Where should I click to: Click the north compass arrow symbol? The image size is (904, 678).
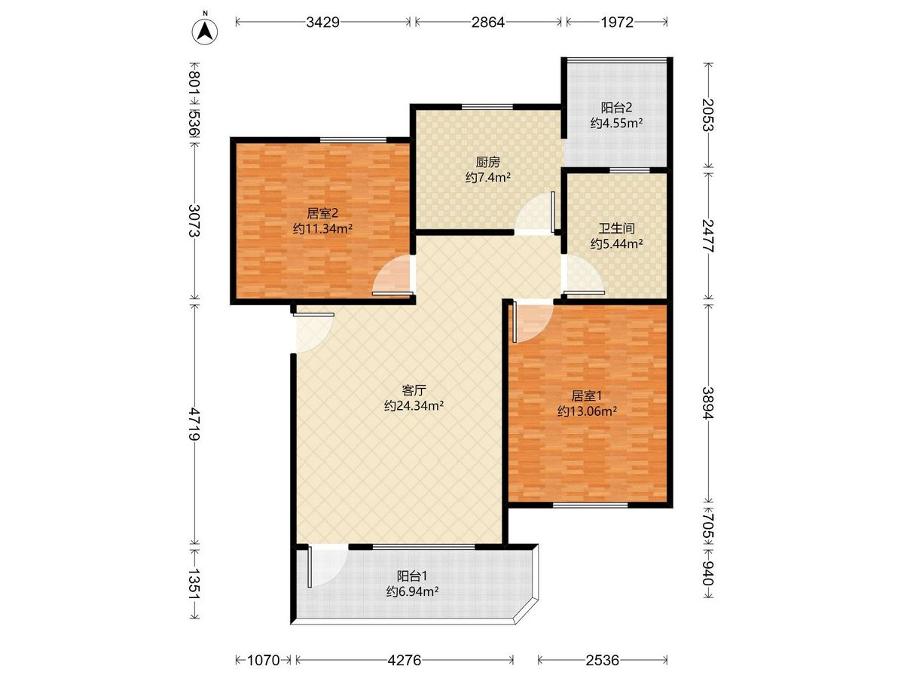click(205, 32)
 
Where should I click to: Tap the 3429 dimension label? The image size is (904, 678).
click(322, 23)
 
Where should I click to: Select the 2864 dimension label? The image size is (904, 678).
click(488, 23)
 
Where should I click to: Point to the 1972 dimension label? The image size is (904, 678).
click(616, 23)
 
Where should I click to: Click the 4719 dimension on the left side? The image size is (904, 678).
click(194, 423)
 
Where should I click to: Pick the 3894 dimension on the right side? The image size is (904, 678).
click(708, 403)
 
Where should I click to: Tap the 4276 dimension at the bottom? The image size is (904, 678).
click(405, 661)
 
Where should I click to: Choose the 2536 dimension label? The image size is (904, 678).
click(602, 661)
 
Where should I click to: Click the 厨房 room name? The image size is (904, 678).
click(487, 162)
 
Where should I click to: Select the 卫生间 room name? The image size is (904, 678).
click(616, 228)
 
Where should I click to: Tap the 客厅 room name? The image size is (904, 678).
click(414, 389)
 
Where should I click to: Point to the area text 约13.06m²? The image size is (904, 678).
click(587, 411)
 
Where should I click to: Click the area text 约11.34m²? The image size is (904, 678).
click(322, 228)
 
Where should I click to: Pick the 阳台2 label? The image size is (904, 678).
click(616, 108)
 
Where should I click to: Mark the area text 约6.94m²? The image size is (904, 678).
click(412, 591)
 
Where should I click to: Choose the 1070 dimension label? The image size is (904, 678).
click(264, 661)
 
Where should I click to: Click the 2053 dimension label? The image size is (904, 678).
click(708, 115)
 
